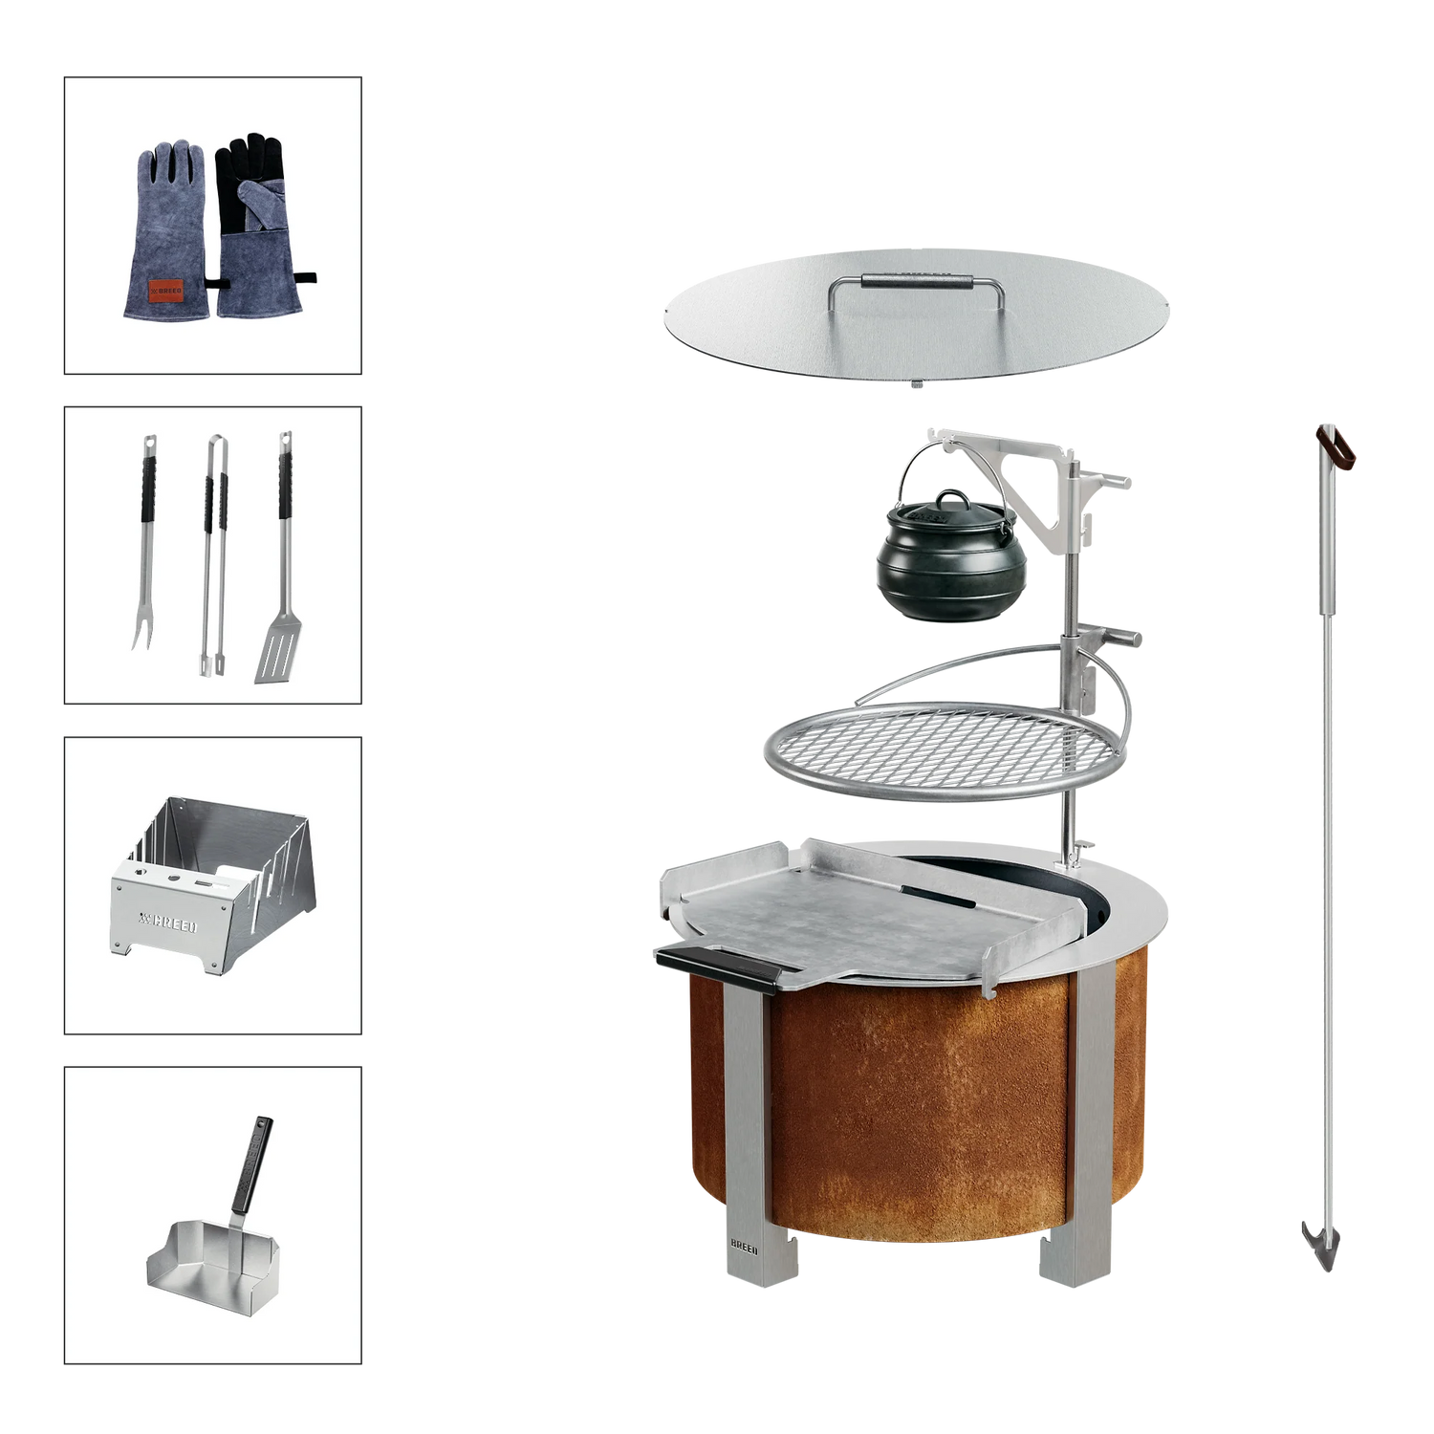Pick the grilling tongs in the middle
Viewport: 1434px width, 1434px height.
213,554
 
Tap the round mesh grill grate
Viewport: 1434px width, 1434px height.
946,750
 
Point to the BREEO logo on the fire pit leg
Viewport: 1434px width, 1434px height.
744,1248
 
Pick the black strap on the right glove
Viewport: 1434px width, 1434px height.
304,279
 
